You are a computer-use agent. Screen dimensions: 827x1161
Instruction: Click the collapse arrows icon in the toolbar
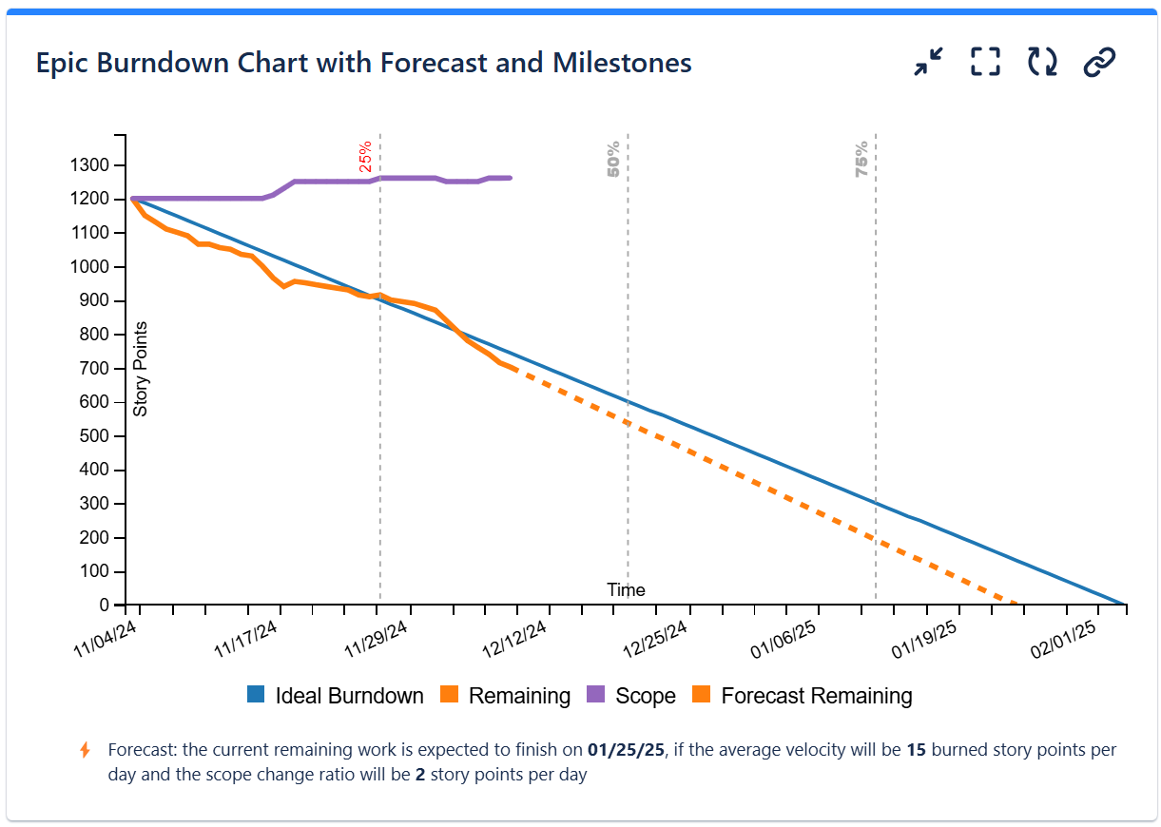928,63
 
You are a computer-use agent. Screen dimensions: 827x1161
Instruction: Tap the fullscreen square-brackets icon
985,63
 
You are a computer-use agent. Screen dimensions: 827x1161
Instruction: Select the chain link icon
1099,63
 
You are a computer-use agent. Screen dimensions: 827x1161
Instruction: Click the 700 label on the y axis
93,369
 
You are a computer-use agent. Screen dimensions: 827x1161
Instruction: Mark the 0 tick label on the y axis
106,606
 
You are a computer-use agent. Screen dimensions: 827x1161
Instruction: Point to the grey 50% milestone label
613,159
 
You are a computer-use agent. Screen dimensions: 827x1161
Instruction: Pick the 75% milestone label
861,159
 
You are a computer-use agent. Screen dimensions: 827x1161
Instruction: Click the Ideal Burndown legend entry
335,696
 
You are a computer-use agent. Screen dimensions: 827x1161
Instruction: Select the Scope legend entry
631,696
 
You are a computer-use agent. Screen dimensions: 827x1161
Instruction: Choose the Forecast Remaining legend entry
803,696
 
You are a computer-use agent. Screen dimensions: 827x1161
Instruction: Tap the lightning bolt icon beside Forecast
85,750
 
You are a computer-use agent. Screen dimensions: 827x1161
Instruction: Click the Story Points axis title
141,370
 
